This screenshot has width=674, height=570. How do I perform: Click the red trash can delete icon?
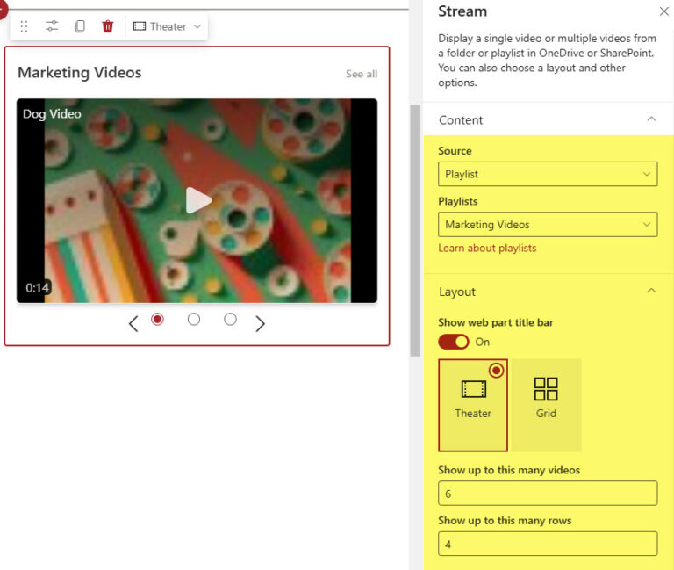pyautogui.click(x=107, y=26)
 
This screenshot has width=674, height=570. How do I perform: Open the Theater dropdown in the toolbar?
pyautogui.click(x=167, y=26)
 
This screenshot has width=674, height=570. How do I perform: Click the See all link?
pyautogui.click(x=362, y=74)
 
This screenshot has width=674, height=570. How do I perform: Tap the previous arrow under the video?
pyautogui.click(x=133, y=324)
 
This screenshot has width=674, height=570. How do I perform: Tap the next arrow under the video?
pyautogui.click(x=260, y=324)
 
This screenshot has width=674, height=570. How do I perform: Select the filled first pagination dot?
pyautogui.click(x=158, y=320)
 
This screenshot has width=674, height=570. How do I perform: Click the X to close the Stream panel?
pyautogui.click(x=663, y=12)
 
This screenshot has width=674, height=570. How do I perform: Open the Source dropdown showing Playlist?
pyautogui.click(x=548, y=174)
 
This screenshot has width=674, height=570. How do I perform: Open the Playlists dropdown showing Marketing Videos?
pyautogui.click(x=548, y=225)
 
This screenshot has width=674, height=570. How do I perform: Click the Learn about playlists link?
pyautogui.click(x=487, y=249)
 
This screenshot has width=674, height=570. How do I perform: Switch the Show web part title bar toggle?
pyautogui.click(x=454, y=342)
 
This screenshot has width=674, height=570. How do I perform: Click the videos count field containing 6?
pyautogui.click(x=548, y=494)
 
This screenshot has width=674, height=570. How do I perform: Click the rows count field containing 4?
pyautogui.click(x=548, y=545)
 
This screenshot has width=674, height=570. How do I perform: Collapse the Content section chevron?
pyautogui.click(x=651, y=119)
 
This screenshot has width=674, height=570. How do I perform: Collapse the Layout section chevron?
pyautogui.click(x=651, y=291)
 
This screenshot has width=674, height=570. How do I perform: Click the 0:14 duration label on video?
pyautogui.click(x=37, y=288)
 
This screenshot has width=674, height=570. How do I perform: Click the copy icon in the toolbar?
pyautogui.click(x=80, y=26)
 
